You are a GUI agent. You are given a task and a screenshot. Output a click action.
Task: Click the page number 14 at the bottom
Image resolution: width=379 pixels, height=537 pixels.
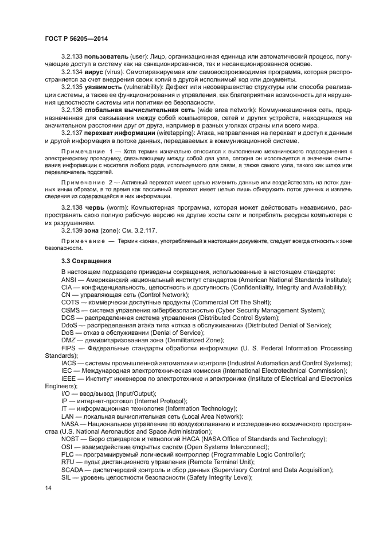click(48, 488)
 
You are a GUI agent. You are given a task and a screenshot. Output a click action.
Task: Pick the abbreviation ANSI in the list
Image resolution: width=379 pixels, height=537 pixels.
click(70, 280)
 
